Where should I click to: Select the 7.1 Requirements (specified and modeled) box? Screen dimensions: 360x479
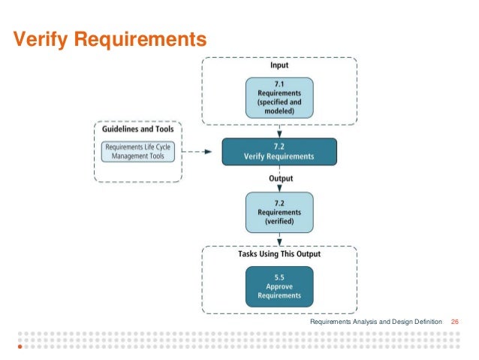tap(279, 98)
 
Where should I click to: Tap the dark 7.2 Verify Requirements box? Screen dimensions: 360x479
tap(279, 151)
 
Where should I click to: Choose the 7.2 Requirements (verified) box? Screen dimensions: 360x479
tap(279, 211)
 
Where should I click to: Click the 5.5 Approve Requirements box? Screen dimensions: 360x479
tap(279, 286)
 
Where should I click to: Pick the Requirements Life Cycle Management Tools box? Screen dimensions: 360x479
tap(138, 152)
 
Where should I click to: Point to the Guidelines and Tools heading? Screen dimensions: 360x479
tap(138, 129)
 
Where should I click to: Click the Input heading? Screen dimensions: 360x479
tap(279, 65)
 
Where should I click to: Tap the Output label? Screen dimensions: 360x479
tap(280, 179)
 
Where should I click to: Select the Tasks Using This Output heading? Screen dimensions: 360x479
tap(279, 254)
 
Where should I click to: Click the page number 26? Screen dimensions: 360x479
tap(454, 322)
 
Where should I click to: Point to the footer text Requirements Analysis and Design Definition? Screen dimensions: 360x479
tap(376, 322)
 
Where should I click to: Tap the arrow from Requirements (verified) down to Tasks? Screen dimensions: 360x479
tap(279, 239)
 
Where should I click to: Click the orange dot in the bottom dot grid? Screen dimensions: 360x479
tap(20, 347)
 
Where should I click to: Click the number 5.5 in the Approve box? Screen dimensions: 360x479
tap(279, 277)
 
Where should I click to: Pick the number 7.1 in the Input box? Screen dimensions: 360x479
tap(279, 84)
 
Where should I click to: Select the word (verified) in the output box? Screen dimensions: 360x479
tap(279, 221)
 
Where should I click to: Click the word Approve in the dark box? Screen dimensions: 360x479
tap(279, 286)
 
